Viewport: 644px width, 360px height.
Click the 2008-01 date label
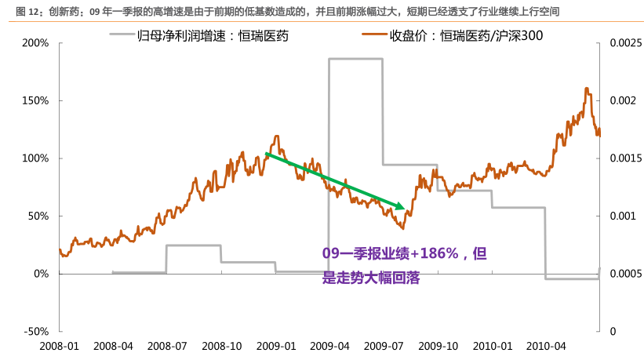(x=60, y=345)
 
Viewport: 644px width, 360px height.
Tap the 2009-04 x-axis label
(x=330, y=345)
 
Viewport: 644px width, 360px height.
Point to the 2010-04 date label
(x=546, y=345)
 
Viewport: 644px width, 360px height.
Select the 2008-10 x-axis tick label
(x=222, y=345)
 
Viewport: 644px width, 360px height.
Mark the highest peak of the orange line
(x=587, y=89)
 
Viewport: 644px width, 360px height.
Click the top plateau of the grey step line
(x=355, y=59)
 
